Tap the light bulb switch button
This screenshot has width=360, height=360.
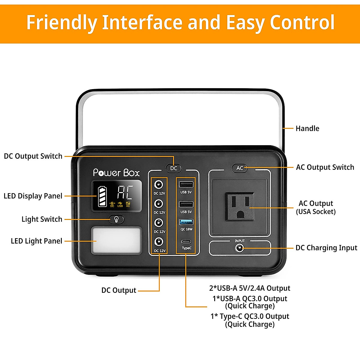tap(116, 219)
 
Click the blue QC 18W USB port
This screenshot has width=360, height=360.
tap(186, 222)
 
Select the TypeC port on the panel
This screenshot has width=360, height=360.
tap(186, 242)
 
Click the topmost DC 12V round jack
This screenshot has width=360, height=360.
tap(158, 184)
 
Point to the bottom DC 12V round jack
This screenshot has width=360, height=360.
tap(158, 241)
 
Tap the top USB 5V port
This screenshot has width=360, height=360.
tap(186, 184)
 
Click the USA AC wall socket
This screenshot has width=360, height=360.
tap(240, 207)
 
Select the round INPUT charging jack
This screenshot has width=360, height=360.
tap(239, 248)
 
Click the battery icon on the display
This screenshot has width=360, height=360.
tap(102, 196)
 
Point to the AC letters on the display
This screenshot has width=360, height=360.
tap(125, 193)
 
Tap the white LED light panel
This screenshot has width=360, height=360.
tap(116, 240)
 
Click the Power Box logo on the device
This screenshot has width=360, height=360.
tap(116, 173)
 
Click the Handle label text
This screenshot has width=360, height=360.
tap(307, 128)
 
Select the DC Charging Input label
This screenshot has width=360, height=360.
tap(326, 248)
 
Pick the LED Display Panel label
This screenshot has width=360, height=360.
tap(33, 196)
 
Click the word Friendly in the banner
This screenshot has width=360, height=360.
tap(61, 23)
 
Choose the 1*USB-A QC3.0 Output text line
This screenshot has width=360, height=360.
tap(250, 299)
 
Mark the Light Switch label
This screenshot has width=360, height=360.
tap(42, 219)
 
